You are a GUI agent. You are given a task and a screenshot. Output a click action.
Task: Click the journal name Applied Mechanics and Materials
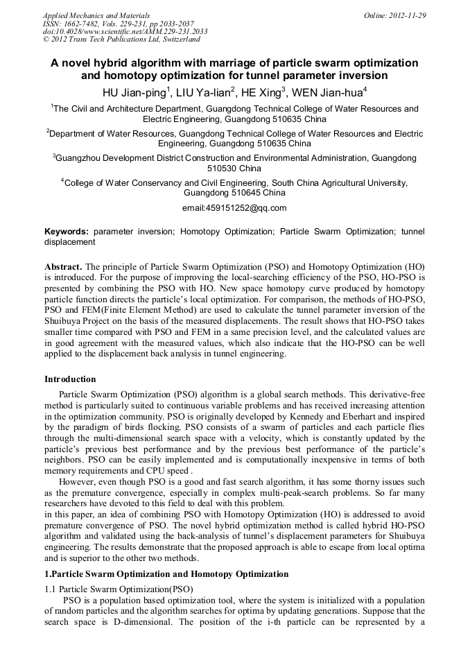96,15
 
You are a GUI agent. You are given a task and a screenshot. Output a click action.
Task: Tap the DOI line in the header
125,32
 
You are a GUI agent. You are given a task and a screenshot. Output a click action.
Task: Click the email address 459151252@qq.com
234,208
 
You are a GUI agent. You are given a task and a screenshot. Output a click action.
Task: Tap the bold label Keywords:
67,232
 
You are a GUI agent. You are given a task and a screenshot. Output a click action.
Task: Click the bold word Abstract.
63,267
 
